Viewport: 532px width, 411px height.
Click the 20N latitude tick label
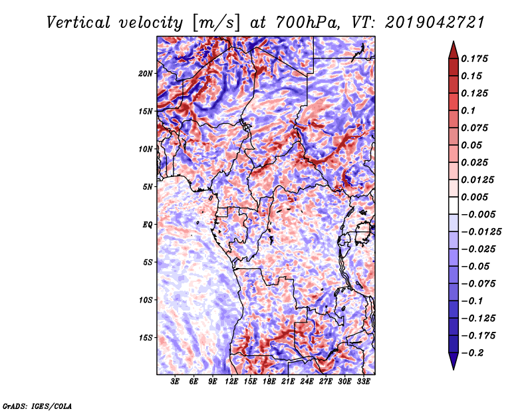click(x=146, y=74)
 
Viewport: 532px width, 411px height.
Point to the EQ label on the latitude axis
click(x=148, y=225)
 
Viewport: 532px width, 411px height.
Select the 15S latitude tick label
click(x=146, y=338)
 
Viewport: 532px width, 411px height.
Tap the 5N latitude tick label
click(x=148, y=187)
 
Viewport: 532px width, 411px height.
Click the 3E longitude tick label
click(x=175, y=382)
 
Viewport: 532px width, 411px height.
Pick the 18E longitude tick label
click(x=269, y=382)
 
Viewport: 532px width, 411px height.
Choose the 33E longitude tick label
click(x=363, y=382)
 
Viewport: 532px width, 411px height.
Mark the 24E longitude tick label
click(x=307, y=382)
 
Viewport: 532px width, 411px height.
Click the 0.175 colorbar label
click(x=475, y=59)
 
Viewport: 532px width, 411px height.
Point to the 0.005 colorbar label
click(x=475, y=197)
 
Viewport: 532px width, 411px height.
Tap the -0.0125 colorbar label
click(x=481, y=232)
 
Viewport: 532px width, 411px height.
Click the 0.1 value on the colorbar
click(x=469, y=110)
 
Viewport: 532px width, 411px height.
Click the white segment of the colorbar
click(x=454, y=205)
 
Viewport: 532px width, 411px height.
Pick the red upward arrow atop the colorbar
click(x=454, y=50)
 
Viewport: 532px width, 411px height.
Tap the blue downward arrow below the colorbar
click(x=454, y=361)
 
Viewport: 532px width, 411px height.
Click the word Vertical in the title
click(x=78, y=23)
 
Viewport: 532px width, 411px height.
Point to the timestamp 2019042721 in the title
click(x=436, y=23)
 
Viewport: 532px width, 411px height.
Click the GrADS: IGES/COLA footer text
click(x=37, y=406)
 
